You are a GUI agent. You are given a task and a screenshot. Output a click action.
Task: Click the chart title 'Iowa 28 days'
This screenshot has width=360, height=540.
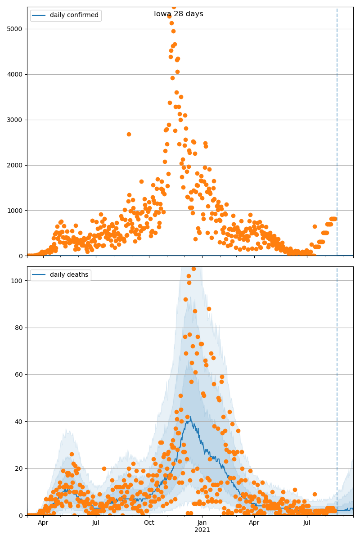[179, 14]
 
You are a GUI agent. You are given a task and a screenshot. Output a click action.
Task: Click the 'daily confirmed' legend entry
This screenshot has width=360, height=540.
[74, 15]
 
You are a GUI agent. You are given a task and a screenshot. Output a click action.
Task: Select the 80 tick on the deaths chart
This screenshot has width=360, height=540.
[20, 328]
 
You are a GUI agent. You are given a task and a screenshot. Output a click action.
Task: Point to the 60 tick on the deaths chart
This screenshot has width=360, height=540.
[20, 374]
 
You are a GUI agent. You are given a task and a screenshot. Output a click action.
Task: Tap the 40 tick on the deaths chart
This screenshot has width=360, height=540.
[20, 422]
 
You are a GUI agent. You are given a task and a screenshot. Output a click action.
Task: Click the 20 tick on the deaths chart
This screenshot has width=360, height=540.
[20, 468]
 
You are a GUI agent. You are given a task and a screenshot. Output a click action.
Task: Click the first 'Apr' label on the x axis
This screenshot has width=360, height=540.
[43, 522]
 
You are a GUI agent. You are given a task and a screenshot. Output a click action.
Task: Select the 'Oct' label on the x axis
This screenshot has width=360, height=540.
[149, 522]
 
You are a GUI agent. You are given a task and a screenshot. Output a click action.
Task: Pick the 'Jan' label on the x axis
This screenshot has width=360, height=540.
[202, 522]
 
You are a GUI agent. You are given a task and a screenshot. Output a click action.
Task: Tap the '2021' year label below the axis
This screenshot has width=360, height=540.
[202, 530]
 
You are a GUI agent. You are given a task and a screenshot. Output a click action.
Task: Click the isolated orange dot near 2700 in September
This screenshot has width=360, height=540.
[129, 134]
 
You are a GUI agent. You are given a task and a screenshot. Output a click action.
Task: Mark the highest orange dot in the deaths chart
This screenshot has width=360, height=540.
[193, 269]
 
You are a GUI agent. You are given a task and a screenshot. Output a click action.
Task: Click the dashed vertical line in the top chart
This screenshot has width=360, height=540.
[337, 135]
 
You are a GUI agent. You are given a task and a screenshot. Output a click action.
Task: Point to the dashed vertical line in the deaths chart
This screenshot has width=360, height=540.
[337, 382]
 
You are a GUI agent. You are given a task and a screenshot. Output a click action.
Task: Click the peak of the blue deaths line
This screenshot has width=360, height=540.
[191, 417]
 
